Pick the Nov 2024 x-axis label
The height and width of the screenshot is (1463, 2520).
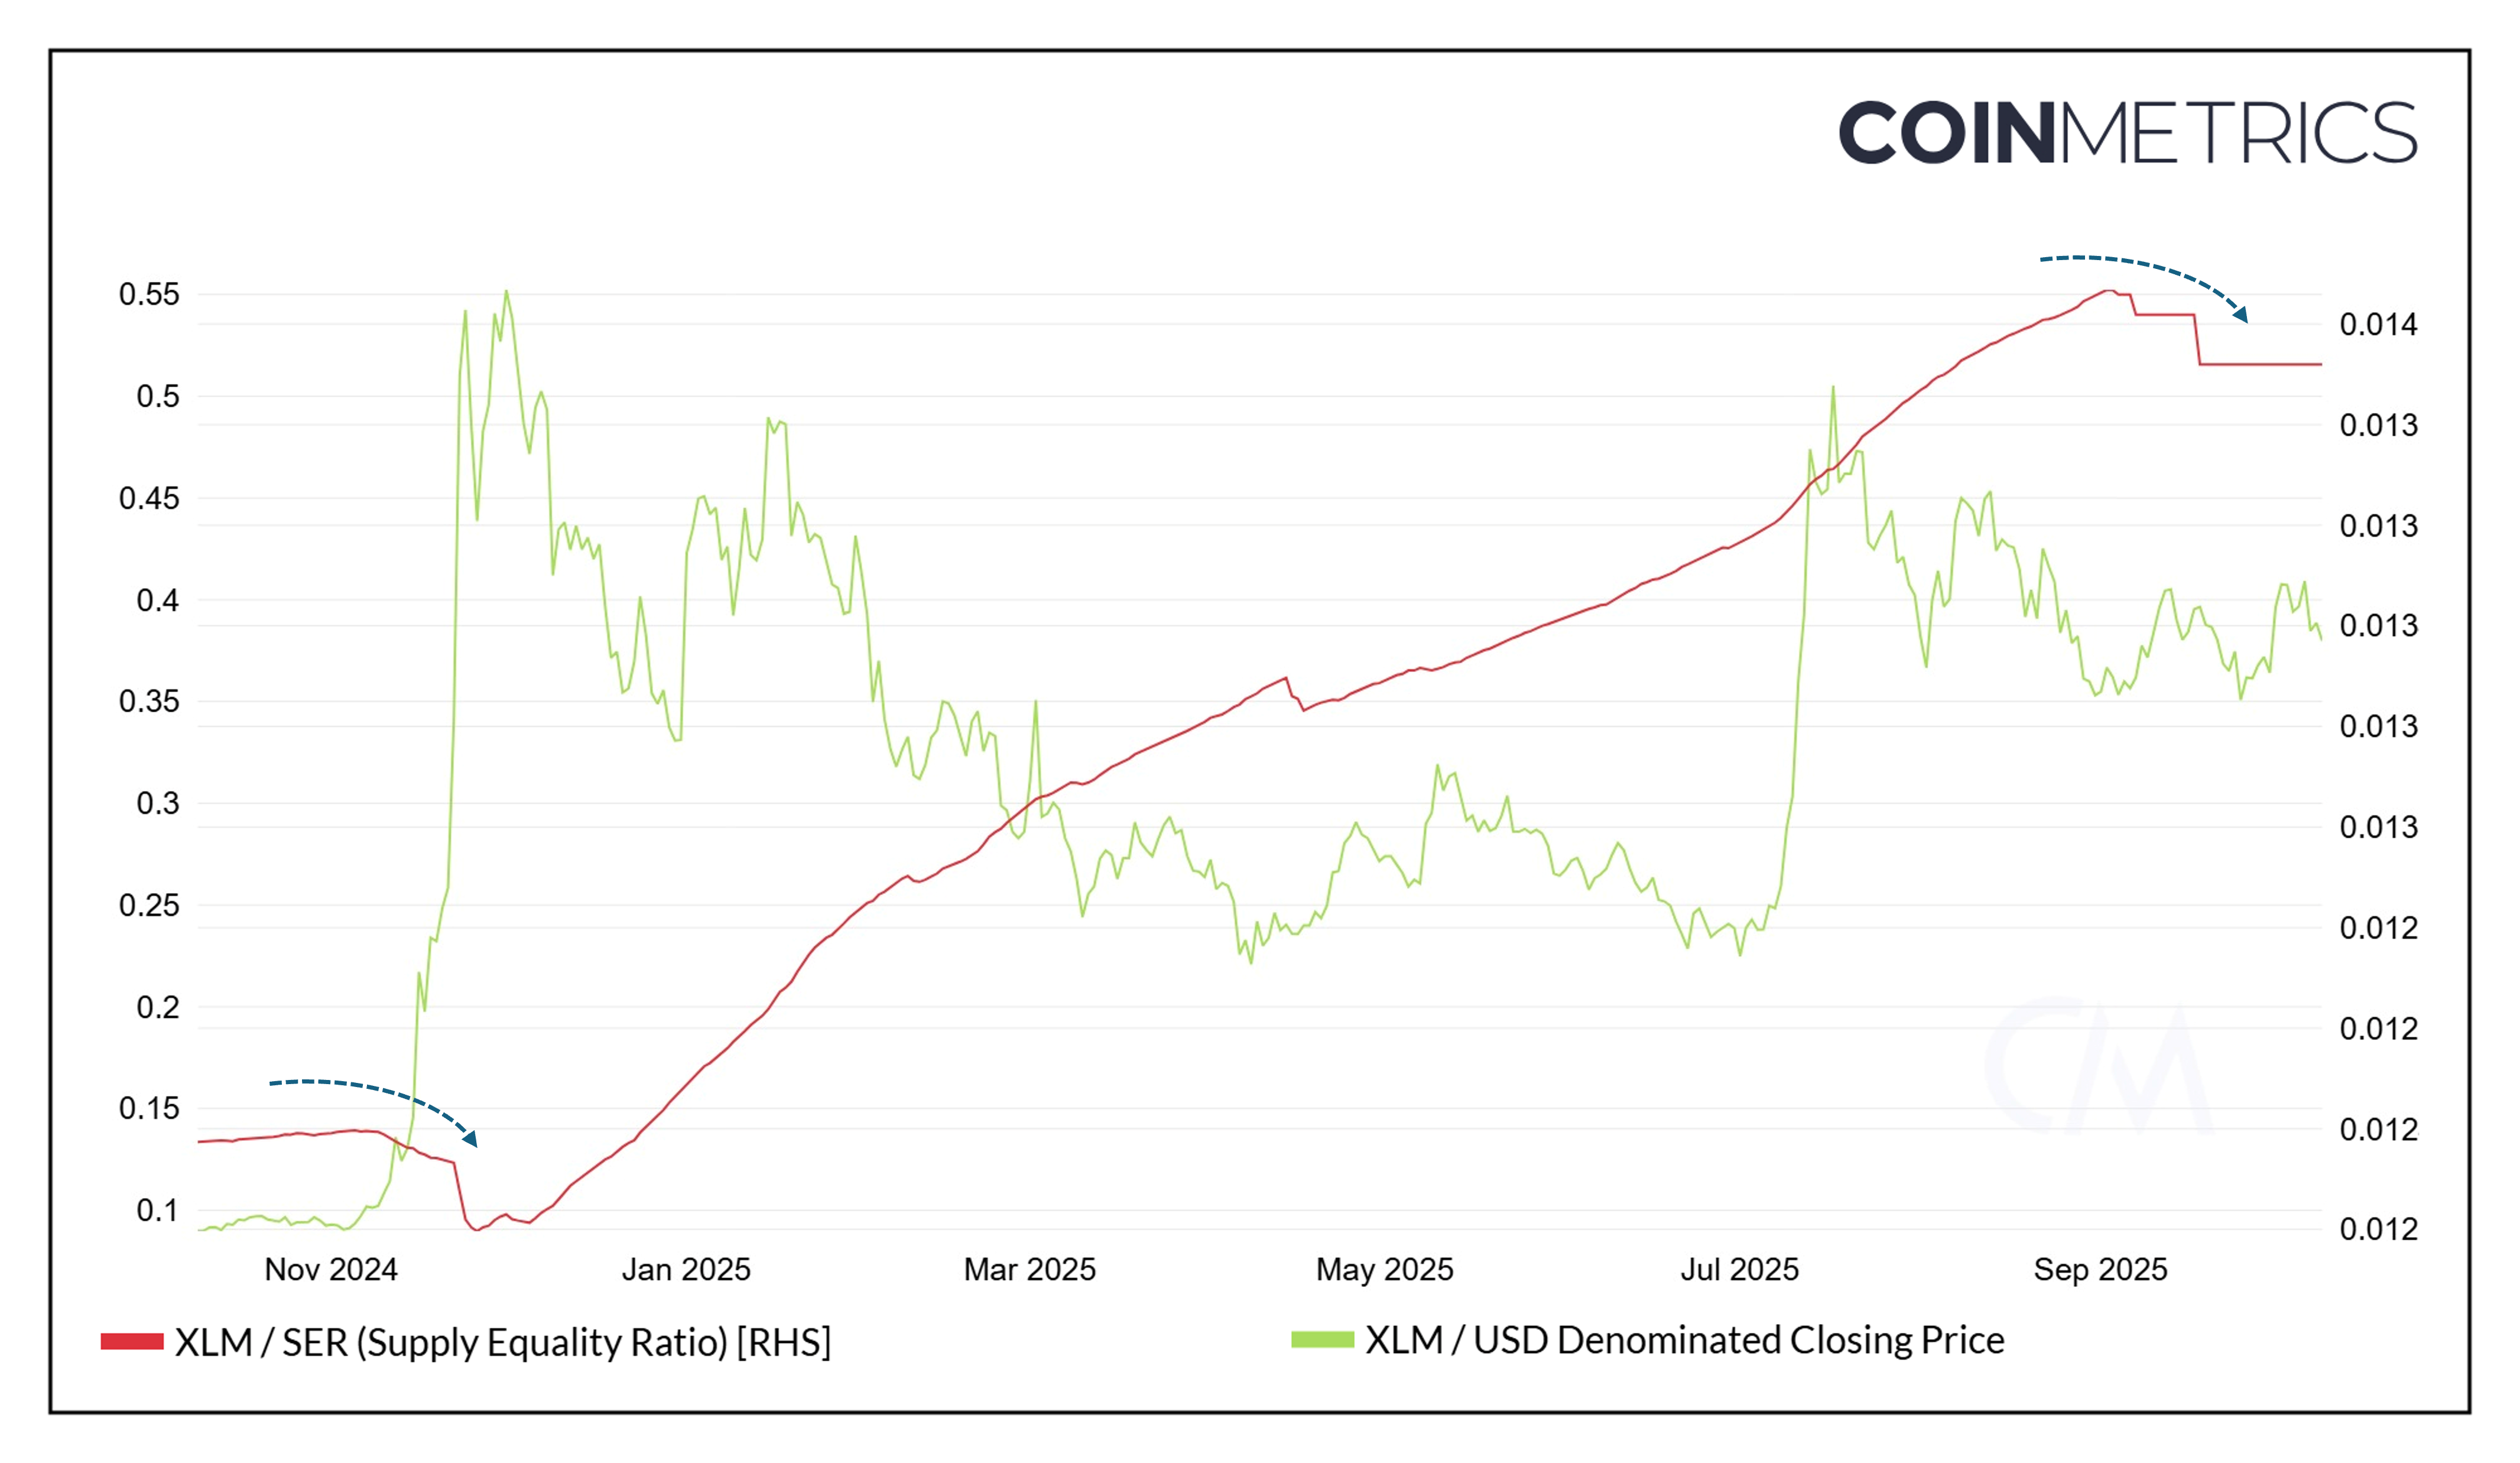pos(331,1269)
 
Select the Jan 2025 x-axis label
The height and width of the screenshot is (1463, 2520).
pos(686,1269)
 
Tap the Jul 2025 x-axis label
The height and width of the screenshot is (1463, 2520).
pos(1739,1269)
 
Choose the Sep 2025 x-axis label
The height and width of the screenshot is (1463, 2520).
pos(2100,1269)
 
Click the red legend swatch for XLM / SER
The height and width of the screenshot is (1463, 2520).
pos(132,1342)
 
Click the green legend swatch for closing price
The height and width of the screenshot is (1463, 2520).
pos(1322,1340)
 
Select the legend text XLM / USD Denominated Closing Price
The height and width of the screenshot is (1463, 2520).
pos(1685,1340)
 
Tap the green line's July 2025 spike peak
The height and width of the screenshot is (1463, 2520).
pos(1833,387)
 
